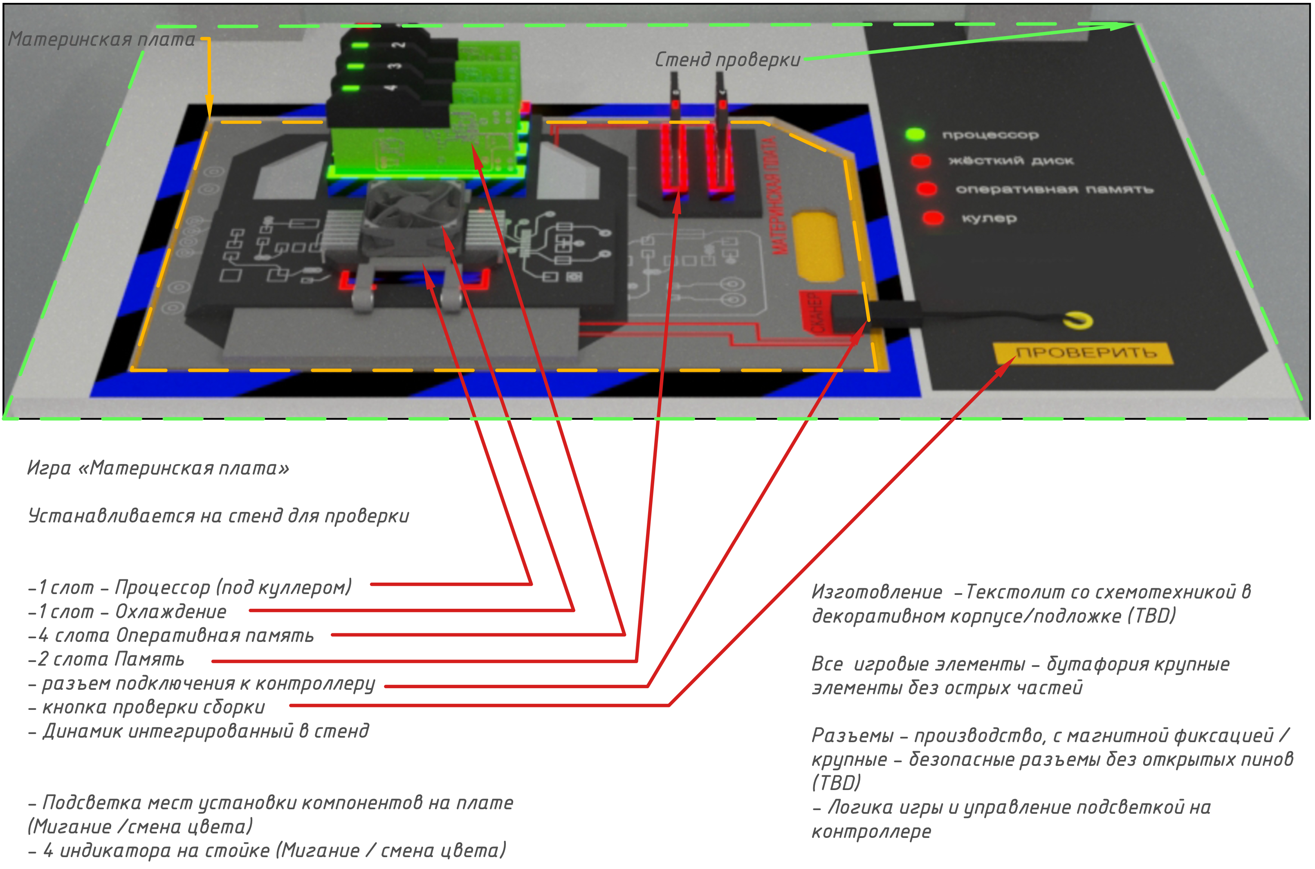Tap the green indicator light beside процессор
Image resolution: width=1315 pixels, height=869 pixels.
[x=915, y=134]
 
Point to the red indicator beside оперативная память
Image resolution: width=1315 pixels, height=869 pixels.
[x=926, y=189]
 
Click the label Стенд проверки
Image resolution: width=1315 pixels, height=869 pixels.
[x=727, y=59]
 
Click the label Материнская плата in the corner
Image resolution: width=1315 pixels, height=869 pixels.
[x=101, y=39]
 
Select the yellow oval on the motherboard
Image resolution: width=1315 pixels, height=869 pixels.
[x=818, y=244]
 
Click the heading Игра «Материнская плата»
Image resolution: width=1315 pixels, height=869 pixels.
[x=158, y=468]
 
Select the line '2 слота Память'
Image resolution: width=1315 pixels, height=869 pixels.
[x=106, y=660]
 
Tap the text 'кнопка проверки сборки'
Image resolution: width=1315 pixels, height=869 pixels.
[x=147, y=707]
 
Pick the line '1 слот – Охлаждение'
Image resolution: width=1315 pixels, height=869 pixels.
[x=128, y=612]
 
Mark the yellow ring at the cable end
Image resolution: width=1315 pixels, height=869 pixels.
[x=1079, y=320]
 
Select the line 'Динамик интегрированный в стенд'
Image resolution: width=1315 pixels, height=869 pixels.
[x=200, y=732]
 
